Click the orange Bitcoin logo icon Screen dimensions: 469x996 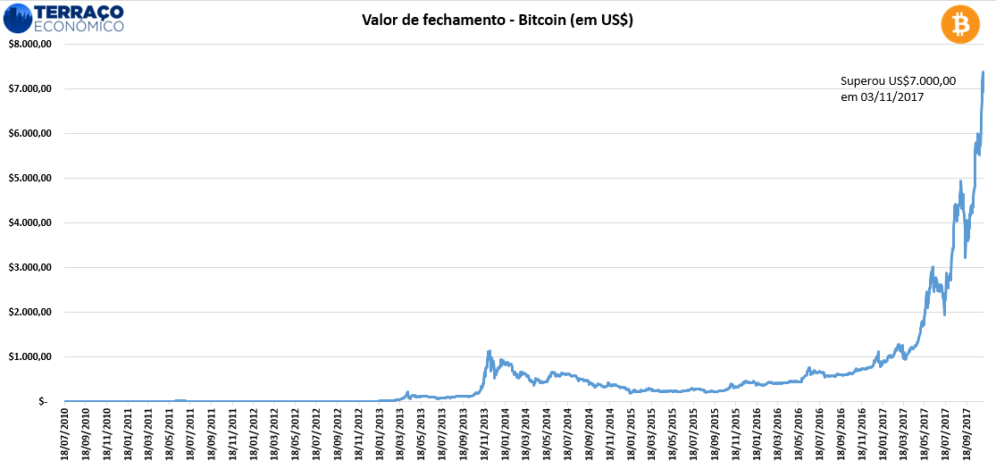[960, 24]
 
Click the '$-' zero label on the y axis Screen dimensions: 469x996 [42, 401]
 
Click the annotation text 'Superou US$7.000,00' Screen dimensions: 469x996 [898, 80]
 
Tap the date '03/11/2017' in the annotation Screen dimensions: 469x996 [901, 96]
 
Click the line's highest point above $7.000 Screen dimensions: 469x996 [983, 72]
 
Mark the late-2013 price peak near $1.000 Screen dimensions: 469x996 [490, 351]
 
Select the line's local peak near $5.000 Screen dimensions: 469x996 [960, 181]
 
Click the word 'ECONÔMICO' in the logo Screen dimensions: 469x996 [80, 27]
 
